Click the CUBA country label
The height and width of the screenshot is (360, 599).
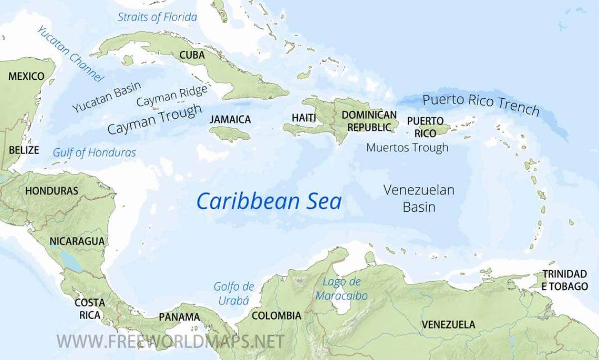point(192,55)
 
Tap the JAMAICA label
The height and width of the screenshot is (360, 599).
point(230,120)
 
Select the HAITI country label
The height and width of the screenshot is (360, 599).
point(304,118)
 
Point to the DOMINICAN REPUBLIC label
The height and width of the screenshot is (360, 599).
point(369,121)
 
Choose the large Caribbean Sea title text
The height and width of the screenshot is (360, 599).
point(268,201)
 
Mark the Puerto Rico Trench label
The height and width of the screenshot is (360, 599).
point(481,104)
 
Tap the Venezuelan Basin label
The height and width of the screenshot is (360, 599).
point(419,198)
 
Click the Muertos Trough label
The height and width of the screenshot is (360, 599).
point(407,148)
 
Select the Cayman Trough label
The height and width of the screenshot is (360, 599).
point(154,119)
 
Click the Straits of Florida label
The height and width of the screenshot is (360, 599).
point(157,17)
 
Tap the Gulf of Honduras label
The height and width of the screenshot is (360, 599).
point(94,153)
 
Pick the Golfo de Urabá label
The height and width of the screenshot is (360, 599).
point(233,293)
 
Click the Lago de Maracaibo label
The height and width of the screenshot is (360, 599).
point(342,289)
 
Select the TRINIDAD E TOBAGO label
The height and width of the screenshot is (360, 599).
point(564,280)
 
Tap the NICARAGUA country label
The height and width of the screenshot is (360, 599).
point(77,242)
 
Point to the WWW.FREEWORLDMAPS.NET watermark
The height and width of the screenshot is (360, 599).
point(170,341)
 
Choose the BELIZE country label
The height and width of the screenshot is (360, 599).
point(24,150)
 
